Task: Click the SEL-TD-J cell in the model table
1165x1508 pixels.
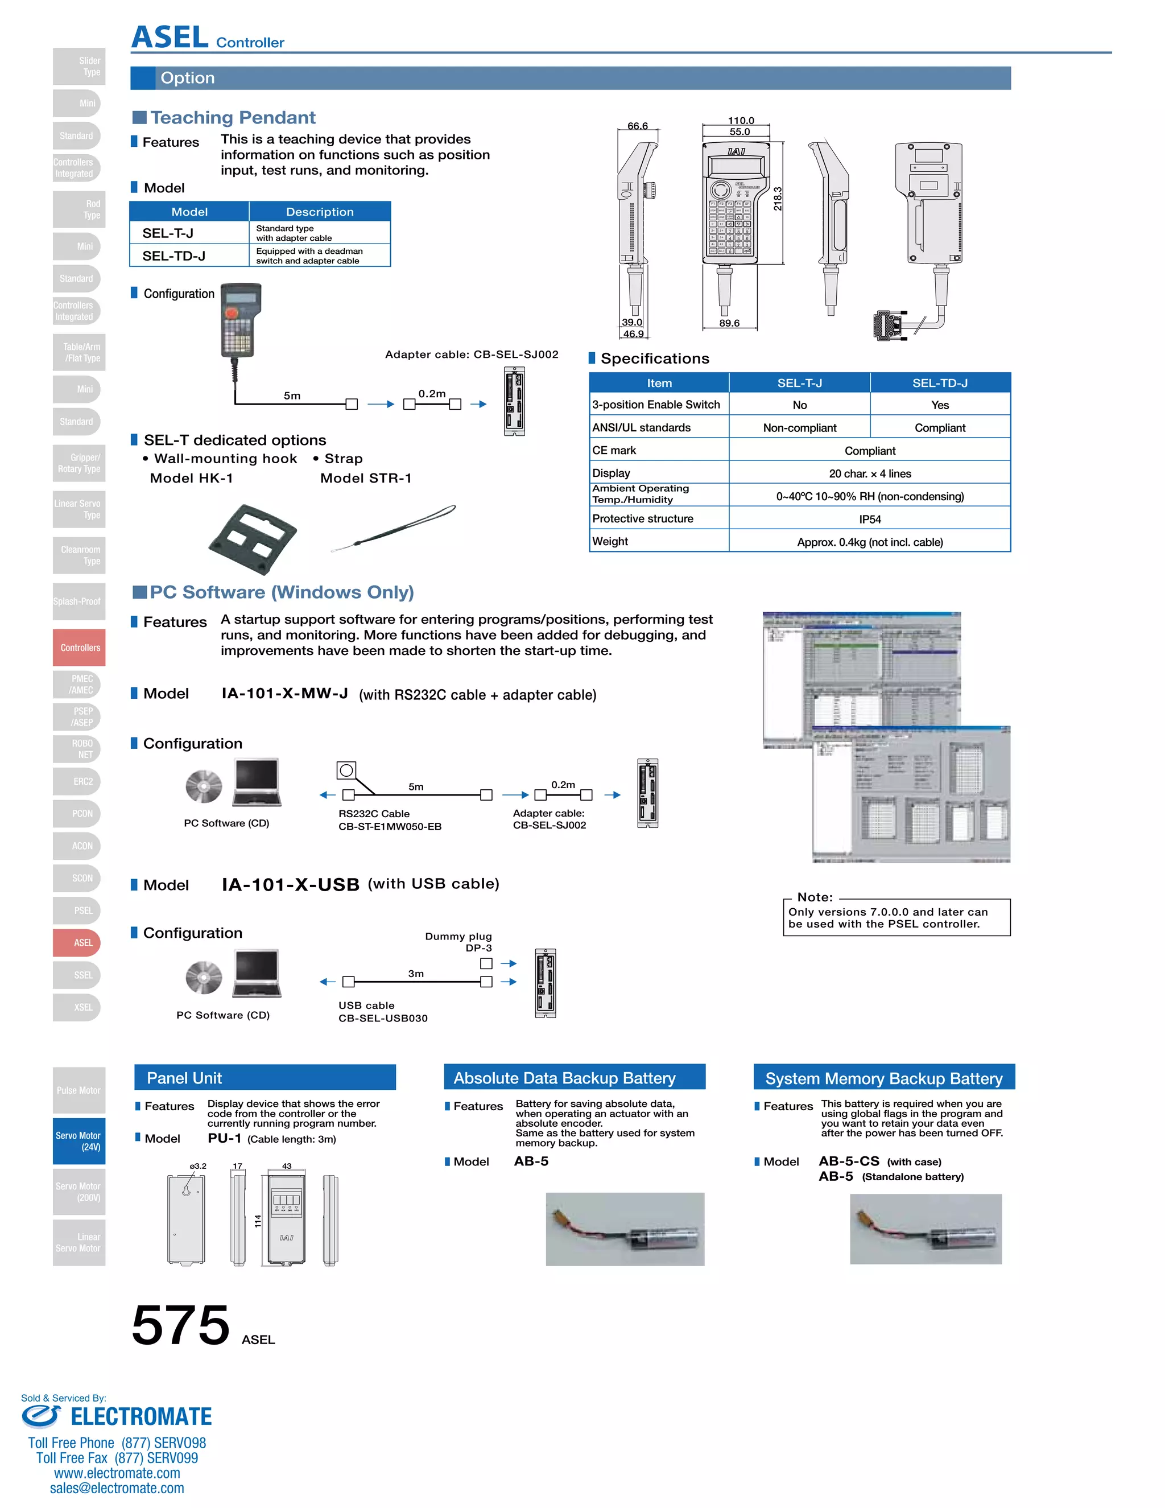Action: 174,256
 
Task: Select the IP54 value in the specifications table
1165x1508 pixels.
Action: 870,519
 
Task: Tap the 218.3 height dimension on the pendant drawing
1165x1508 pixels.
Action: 778,199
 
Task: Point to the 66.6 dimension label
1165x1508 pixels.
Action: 637,126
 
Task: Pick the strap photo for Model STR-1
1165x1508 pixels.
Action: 394,528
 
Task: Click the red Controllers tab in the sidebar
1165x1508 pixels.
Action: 80,648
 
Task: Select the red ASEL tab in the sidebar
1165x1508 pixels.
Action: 80,942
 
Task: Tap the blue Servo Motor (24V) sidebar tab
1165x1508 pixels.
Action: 79,1140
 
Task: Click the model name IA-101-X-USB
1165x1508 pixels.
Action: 291,884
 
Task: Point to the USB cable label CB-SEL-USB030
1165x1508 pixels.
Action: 383,1018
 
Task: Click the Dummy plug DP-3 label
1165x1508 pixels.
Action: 459,942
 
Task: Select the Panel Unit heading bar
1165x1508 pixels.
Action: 265,1078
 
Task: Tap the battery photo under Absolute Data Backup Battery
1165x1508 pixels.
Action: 625,1229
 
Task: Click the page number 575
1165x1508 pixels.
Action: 181,1324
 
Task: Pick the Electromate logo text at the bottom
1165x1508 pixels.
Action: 141,1417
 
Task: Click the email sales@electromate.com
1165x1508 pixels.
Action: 117,1488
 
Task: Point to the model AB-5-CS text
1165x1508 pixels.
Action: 849,1161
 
